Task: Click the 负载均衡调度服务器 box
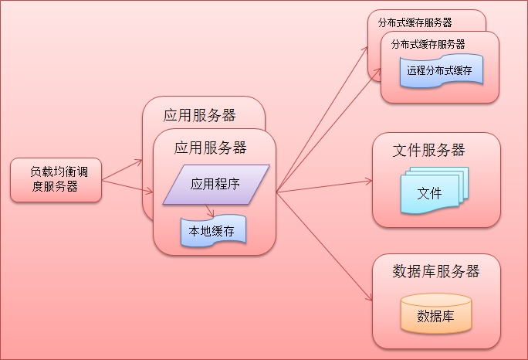(x=56, y=180)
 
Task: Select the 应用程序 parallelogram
(x=216, y=185)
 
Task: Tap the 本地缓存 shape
(x=208, y=231)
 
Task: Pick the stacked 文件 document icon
(x=429, y=192)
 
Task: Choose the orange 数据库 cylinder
(x=435, y=315)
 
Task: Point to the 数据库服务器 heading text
(x=436, y=271)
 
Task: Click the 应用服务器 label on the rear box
(x=200, y=116)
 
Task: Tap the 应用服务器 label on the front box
(x=211, y=147)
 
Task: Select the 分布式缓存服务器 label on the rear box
(x=415, y=22)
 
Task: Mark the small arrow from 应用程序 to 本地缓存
(x=208, y=211)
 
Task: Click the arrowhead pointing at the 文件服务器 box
(x=369, y=182)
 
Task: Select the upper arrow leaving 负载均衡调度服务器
(x=122, y=171)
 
